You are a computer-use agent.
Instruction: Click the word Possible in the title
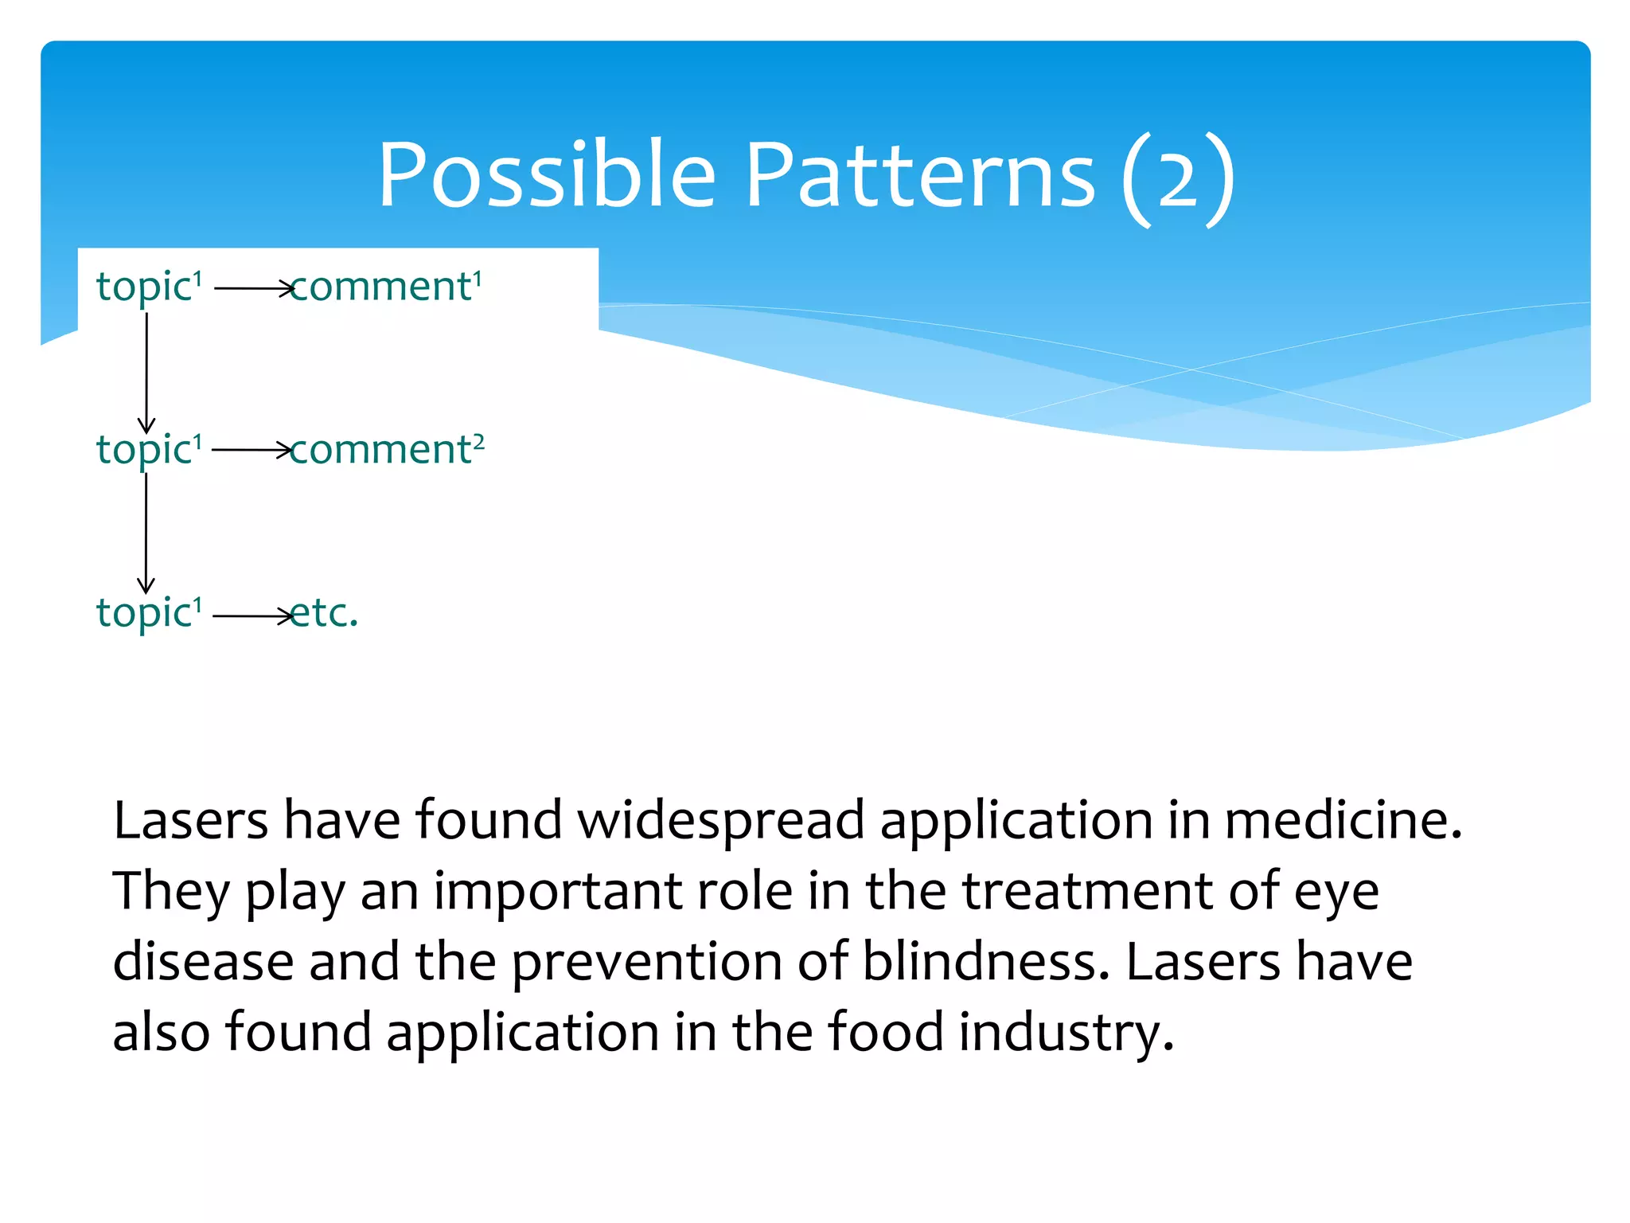pos(547,175)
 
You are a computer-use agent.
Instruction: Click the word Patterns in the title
pos(921,175)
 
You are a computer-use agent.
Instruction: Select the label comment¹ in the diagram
pos(387,287)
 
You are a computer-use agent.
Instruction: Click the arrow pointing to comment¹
pos(253,288)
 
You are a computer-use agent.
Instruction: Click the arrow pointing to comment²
pos(252,451)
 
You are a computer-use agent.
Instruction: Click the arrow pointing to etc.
pos(252,616)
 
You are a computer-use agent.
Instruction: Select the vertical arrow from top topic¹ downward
pos(146,372)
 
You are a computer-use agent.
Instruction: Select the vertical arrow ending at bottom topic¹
pos(146,533)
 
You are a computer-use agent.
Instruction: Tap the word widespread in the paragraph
pos(720,820)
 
